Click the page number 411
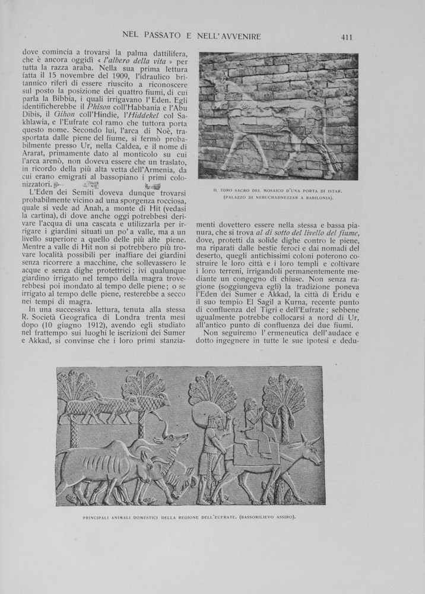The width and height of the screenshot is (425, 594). pos(347,37)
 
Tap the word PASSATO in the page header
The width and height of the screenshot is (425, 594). pos(160,37)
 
